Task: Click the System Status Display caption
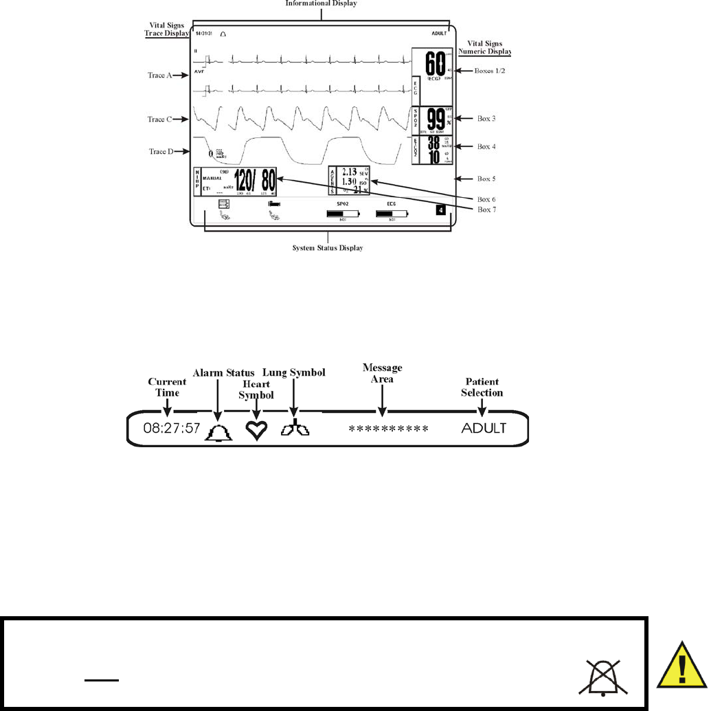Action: (x=327, y=248)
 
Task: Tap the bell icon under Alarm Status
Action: (x=218, y=431)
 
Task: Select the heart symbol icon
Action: (x=256, y=431)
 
